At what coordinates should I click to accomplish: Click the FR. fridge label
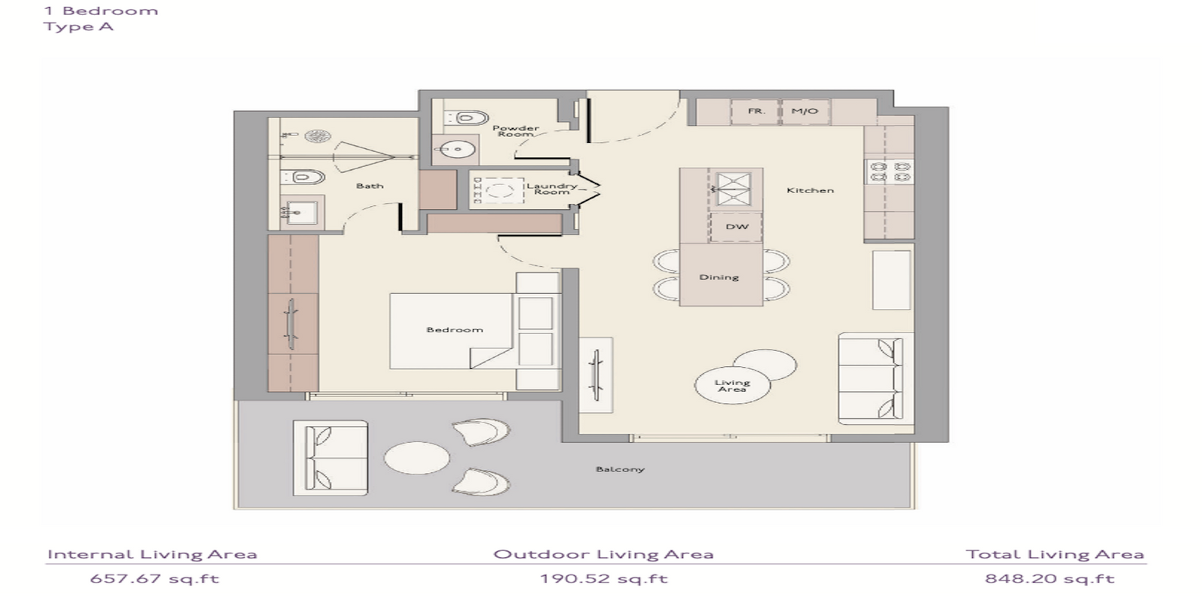[756, 111]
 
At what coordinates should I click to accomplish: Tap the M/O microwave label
[805, 111]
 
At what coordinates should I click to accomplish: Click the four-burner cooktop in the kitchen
[890, 171]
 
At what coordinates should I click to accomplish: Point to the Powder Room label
[515, 131]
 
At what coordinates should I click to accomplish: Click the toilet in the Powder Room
[467, 117]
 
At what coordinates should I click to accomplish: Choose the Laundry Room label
[552, 189]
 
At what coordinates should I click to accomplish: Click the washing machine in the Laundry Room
[497, 190]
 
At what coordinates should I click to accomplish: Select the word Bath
[370, 186]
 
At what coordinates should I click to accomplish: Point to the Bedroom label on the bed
[455, 329]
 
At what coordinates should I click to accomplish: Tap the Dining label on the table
[719, 277]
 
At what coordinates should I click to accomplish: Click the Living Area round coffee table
[732, 385]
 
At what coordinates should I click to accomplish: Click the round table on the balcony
[417, 458]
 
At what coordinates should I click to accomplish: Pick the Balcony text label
[620, 469]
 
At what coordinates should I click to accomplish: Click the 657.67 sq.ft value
[155, 579]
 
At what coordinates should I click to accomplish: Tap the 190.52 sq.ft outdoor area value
[604, 579]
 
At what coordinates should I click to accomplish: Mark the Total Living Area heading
[1055, 555]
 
